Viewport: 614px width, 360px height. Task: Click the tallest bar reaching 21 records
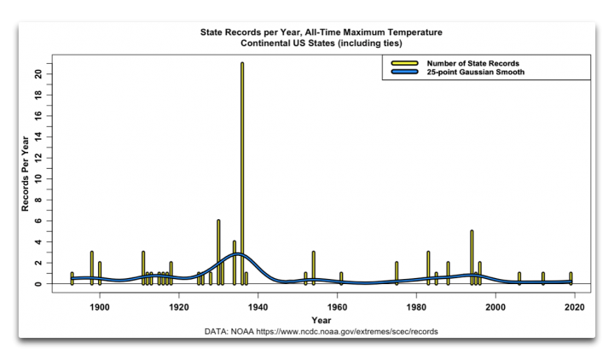tap(242, 171)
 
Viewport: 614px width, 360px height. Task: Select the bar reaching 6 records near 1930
tap(218, 252)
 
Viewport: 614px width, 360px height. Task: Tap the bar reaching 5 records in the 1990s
tap(472, 256)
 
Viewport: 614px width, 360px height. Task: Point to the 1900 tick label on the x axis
tap(100, 305)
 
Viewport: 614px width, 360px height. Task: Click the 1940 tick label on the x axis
tap(258, 305)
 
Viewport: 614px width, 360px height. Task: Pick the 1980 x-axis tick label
tap(416, 305)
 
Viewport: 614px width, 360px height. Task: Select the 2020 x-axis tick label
tap(575, 305)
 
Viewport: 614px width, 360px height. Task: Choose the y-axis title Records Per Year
tap(26, 173)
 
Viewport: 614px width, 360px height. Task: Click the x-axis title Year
tap(321, 319)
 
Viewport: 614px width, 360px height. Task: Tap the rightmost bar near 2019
tap(571, 278)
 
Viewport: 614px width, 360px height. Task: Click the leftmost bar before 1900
tap(72, 278)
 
